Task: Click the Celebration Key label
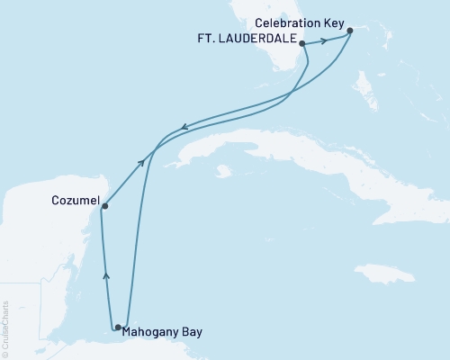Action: coord(292,21)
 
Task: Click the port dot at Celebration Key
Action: coord(350,31)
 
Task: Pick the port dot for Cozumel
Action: coord(104,206)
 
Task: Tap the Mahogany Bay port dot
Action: coord(118,327)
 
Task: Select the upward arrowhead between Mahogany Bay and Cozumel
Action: coord(105,276)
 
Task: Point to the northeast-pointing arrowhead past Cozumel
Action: coord(141,162)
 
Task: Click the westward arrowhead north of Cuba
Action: coord(185,127)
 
